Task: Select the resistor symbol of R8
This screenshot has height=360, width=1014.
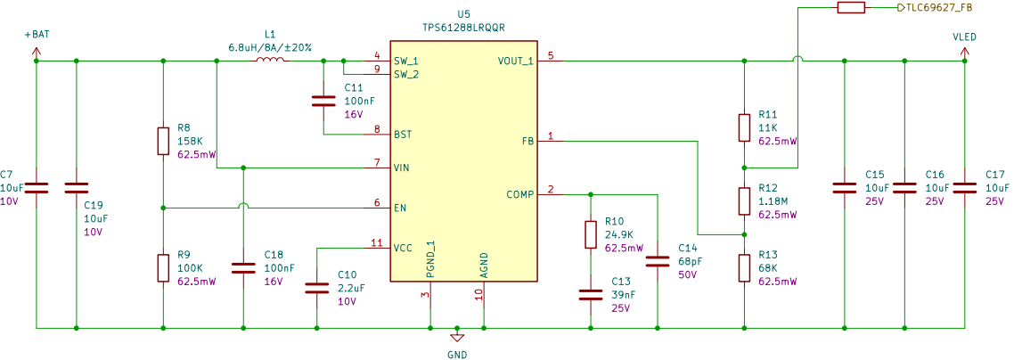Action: point(163,141)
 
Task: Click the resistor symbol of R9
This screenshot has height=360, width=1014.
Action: point(163,267)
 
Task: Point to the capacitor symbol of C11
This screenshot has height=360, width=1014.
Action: point(323,101)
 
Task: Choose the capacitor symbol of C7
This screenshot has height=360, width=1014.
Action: point(37,187)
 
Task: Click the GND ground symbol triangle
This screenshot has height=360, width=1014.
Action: point(456,338)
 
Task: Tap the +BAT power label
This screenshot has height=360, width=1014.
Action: point(37,35)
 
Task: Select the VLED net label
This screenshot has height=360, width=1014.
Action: point(964,37)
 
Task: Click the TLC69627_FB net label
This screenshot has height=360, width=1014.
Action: point(934,7)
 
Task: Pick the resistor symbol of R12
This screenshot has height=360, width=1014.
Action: point(744,200)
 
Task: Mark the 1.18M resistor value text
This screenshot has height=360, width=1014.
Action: point(773,201)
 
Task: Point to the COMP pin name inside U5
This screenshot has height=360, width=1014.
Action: point(520,194)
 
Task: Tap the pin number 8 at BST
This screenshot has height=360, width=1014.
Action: point(377,129)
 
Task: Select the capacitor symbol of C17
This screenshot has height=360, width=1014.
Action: point(964,187)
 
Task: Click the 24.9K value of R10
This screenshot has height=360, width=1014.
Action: point(620,235)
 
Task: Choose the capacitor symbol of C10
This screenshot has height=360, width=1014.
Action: point(317,288)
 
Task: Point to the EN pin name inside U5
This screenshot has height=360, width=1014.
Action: point(400,208)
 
